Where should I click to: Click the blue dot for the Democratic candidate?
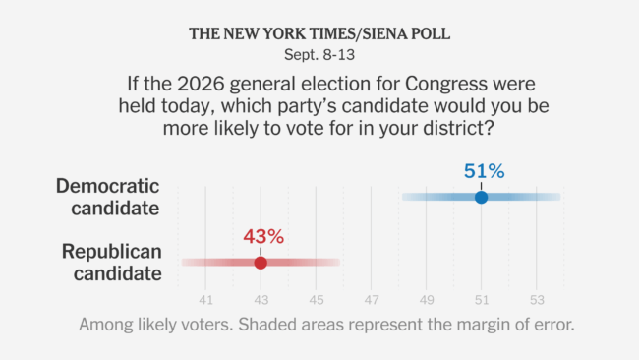(482, 198)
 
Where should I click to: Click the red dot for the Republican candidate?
(261, 263)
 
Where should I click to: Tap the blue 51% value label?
(484, 171)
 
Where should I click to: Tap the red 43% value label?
(263, 236)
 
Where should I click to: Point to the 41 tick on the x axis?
(206, 300)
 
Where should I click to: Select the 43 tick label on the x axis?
(261, 300)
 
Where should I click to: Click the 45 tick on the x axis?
(317, 300)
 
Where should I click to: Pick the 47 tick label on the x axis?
(372, 300)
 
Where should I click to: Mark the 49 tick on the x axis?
(427, 300)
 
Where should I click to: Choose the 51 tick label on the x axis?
(482, 300)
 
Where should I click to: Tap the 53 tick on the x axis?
(537, 300)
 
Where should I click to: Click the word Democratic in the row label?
(107, 186)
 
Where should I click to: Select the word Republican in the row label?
(112, 252)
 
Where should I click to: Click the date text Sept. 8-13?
(319, 55)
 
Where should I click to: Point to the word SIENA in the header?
(384, 33)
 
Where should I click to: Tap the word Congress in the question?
(446, 84)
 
